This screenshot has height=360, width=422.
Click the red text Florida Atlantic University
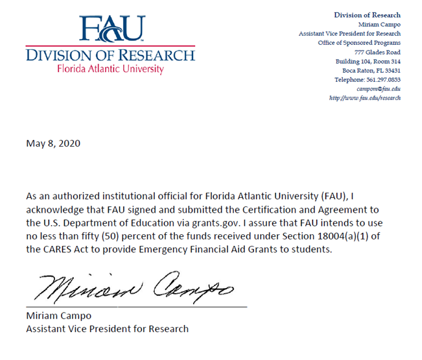click(111, 69)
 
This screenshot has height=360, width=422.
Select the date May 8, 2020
click(53, 143)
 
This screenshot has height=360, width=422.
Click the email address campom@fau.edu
click(379, 88)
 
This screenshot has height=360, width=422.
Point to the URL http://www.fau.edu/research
click(364, 97)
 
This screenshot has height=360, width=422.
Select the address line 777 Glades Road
click(377, 52)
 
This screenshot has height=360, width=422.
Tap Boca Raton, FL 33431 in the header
click(372, 70)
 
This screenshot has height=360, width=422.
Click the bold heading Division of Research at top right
click(367, 15)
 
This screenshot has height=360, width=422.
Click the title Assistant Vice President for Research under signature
click(107, 328)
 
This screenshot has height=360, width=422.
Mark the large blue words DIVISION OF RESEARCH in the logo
click(111, 55)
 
